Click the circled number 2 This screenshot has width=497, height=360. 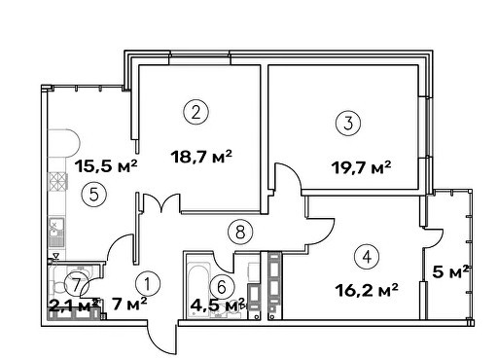click(195, 112)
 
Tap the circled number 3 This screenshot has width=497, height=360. click(348, 124)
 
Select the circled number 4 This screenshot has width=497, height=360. click(367, 257)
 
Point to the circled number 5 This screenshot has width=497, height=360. click(94, 195)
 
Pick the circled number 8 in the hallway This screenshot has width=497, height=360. click(240, 232)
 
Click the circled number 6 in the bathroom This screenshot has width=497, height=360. click(222, 287)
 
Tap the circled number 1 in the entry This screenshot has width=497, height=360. click(148, 284)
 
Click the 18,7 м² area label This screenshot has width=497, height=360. click(201, 157)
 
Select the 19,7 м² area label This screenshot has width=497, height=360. click(361, 167)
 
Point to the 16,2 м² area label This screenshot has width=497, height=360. click(367, 290)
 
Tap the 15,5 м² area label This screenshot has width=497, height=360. click(106, 166)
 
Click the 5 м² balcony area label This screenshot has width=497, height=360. click(450, 271)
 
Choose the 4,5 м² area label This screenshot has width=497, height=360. click(218, 305)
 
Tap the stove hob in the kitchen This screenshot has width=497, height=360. click(57, 182)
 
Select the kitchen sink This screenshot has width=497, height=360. click(56, 232)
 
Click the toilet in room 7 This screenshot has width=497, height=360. click(58, 285)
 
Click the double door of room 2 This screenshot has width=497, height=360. click(161, 202)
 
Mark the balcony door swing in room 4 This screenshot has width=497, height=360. click(435, 238)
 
